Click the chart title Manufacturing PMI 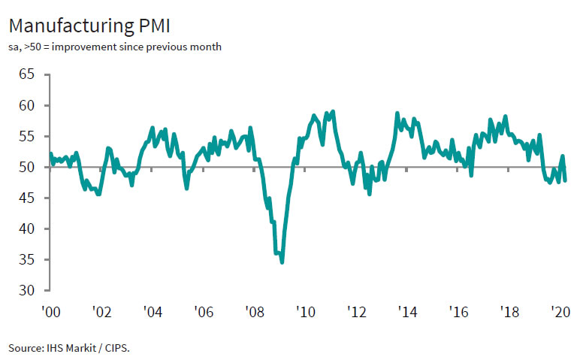click(x=89, y=26)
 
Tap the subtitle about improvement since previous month click(x=115, y=47)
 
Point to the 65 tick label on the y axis click(x=27, y=74)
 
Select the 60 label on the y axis click(x=27, y=105)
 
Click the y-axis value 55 click(x=27, y=136)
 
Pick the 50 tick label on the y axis click(x=27, y=167)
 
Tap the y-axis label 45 click(x=27, y=198)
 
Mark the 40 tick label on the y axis click(x=27, y=228)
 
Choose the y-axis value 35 click(x=27, y=259)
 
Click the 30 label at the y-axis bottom click(x=27, y=290)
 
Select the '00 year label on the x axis click(x=50, y=310)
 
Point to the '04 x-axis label click(x=152, y=310)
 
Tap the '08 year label click(x=253, y=310)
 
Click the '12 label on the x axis click(x=355, y=310)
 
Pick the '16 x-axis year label click(x=457, y=310)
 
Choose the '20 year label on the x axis click(x=559, y=310)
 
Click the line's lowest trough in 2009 click(x=282, y=262)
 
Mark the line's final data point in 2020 click(x=565, y=180)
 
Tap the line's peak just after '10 click(x=333, y=111)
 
